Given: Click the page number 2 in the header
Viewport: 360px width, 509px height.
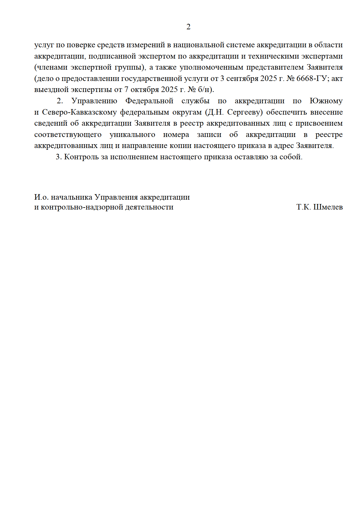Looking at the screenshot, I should coord(188,27).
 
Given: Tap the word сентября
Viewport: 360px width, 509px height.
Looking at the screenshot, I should coord(242,78).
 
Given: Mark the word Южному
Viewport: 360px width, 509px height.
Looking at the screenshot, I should coord(326,101).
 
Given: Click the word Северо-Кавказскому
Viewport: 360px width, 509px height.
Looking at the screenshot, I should coord(79,112).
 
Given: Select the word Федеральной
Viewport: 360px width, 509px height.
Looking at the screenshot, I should coord(149,101).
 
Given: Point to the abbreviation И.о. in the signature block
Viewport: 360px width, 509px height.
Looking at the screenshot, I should coord(41,197).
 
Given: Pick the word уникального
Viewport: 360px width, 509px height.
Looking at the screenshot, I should coord(132,135).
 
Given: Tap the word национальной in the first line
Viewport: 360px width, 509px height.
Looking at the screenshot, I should coord(199,45).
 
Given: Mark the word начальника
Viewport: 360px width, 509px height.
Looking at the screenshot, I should coord(72,197).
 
